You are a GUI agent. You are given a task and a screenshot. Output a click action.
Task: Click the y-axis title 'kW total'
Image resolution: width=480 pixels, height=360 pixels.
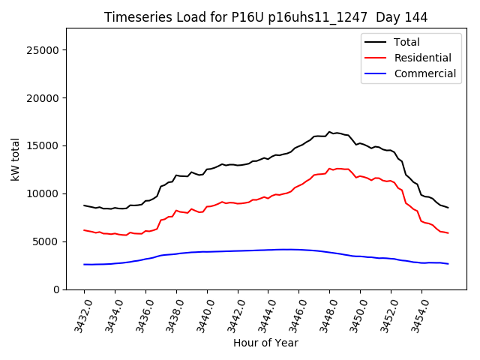16,158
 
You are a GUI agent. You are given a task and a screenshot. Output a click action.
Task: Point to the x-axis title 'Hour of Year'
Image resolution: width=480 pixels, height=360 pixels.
265,343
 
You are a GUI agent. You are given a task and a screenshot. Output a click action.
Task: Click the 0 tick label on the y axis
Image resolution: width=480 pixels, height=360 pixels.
56,289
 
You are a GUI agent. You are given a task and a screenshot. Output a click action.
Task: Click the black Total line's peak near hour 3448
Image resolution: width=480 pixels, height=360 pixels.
328,132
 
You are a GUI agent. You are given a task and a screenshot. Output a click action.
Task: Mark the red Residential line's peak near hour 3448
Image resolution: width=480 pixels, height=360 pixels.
329,169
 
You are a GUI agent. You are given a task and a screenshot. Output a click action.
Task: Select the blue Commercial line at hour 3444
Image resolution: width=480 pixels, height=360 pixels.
268,250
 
